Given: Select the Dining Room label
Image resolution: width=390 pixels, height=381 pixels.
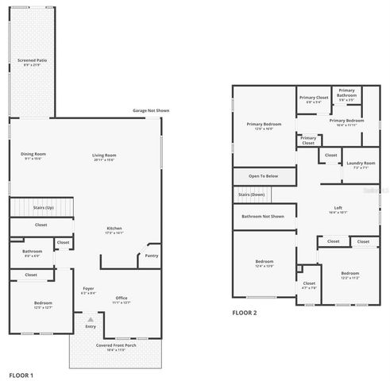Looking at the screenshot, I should pos(33,156).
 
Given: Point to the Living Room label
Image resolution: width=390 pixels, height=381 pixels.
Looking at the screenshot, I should pos(105,156).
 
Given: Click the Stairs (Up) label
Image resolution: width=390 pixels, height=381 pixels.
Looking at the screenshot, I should pos(43,206).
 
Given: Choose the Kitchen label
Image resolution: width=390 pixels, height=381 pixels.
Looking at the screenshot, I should pos(115,230).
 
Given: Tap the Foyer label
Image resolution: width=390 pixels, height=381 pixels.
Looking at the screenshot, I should pos(88,291).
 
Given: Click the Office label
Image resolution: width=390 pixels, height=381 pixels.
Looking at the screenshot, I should pos(122,299).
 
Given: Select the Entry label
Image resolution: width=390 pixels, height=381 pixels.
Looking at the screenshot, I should pos(91,327).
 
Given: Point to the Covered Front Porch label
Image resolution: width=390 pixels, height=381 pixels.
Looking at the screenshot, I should pos(117,347).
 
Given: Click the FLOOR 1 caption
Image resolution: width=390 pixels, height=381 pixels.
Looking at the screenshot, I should pos(21,374).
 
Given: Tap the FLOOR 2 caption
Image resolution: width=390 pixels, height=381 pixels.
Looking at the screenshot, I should pos(245,314).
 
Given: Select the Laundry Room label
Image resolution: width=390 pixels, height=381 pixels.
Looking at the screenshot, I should pos(360,165).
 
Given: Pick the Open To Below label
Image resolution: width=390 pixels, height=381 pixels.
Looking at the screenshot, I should pos(263,175).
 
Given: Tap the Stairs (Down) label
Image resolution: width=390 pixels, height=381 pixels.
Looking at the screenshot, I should pos(252,194).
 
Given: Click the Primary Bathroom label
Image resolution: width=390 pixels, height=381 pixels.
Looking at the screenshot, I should pos(346,94).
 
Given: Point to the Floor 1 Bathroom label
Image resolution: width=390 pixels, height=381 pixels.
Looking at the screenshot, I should pos(32,252).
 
